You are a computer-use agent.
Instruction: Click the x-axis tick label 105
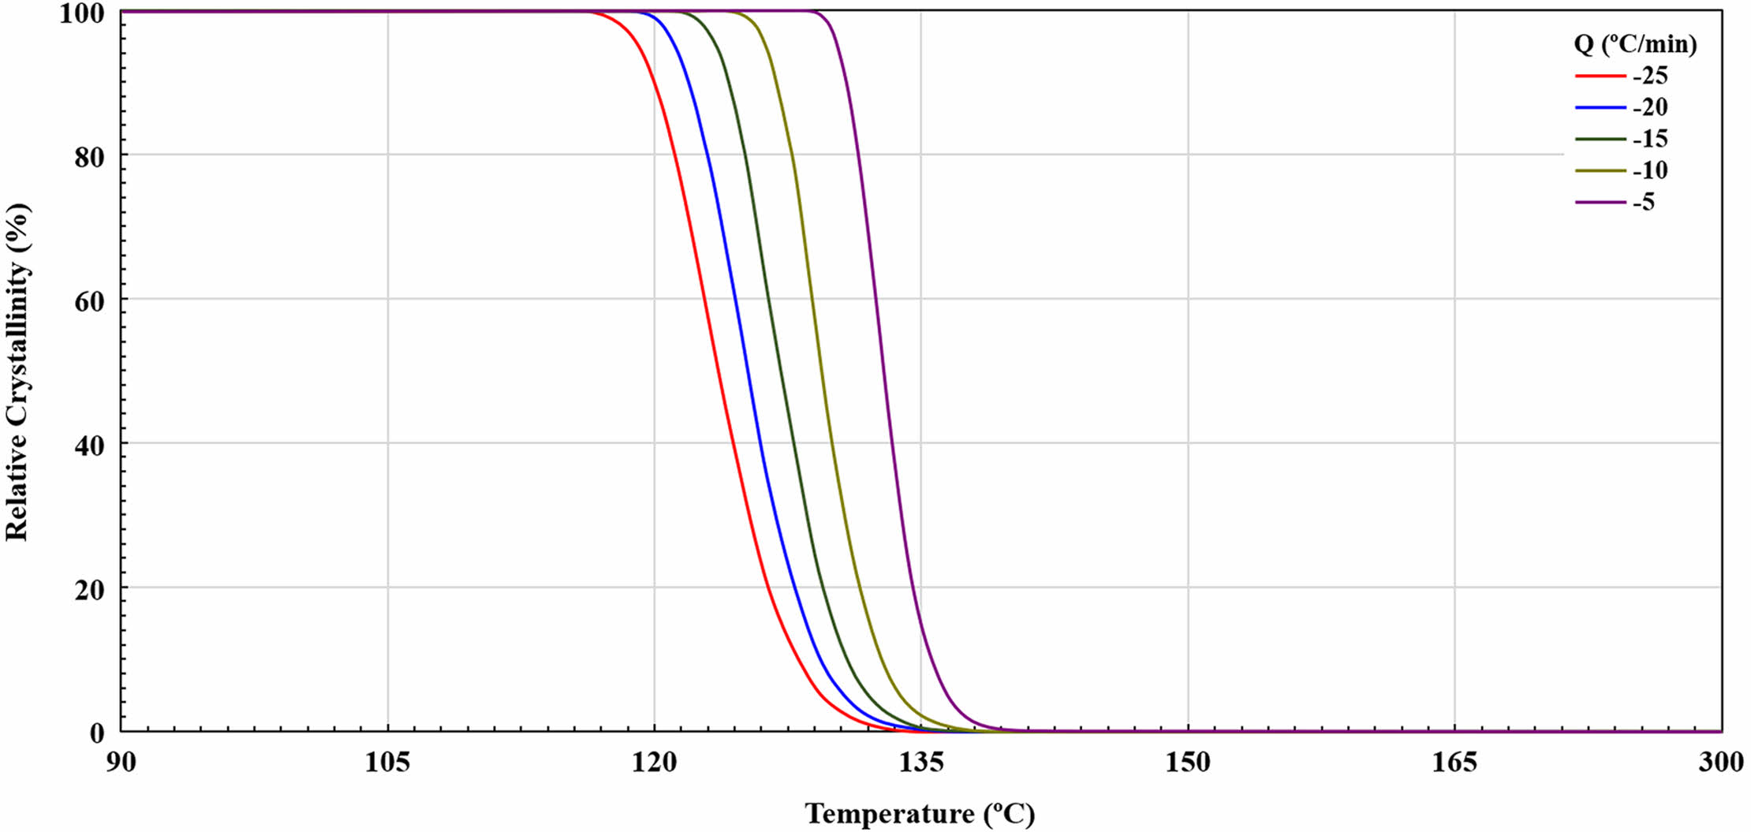387,763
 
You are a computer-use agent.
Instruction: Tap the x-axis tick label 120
654,763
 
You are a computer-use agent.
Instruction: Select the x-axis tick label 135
920,763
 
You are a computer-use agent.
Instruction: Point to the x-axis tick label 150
1188,763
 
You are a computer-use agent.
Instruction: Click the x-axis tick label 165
1454,763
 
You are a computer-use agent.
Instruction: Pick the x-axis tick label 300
1720,763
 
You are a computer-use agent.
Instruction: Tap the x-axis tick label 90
121,763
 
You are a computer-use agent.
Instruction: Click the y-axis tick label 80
89,157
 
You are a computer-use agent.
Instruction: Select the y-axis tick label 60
89,301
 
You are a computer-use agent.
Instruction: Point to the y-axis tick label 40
89,446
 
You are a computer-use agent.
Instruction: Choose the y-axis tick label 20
89,590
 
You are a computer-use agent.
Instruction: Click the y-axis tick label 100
82,13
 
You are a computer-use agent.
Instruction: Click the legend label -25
1650,76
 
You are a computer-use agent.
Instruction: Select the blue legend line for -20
1600,107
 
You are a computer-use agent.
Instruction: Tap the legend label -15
1650,140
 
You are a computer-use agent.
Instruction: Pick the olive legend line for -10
1600,170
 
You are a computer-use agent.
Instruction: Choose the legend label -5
1644,203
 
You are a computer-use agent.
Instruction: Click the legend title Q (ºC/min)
1635,44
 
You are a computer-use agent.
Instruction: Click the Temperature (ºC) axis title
920,813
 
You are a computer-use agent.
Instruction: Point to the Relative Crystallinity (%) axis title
17,372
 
